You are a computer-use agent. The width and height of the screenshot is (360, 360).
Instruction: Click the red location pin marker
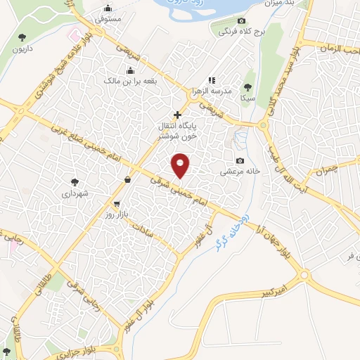pyautogui.click(x=181, y=165)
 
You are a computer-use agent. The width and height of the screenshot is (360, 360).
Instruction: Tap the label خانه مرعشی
pyautogui.click(x=240, y=171)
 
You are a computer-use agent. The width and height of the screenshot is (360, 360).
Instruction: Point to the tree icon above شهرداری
pyautogui.click(x=75, y=181)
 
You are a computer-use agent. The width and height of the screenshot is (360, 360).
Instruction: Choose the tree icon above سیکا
pyautogui.click(x=247, y=87)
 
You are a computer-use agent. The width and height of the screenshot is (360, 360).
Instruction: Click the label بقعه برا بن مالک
pyautogui.click(x=130, y=82)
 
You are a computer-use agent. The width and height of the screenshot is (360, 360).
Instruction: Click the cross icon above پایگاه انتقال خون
pyautogui.click(x=177, y=114)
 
